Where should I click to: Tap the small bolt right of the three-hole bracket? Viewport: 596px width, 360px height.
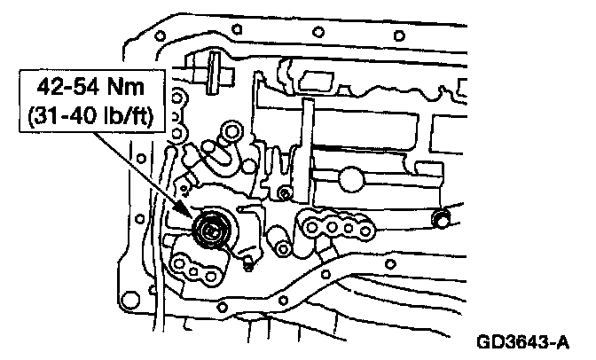[247, 263]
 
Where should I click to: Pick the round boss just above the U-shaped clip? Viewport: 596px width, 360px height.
[234, 132]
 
